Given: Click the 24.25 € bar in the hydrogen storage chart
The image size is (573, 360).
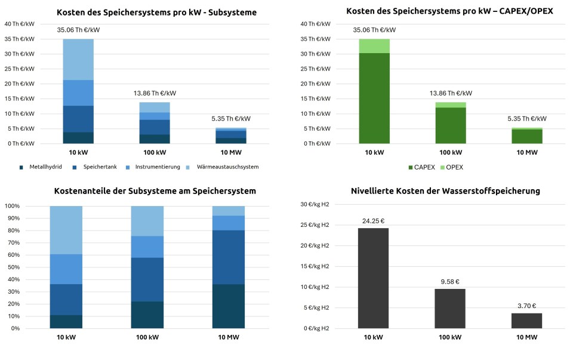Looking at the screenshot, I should (373, 278).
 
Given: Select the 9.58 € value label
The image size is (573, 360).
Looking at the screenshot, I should (450, 281).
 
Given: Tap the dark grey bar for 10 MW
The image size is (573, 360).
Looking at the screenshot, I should (526, 321).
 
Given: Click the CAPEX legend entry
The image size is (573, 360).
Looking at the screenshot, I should (422, 167).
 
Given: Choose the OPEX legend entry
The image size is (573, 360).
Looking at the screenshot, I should (452, 167).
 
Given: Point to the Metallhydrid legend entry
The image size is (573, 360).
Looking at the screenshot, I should (42, 167).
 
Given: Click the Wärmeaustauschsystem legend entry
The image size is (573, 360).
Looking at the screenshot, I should (224, 167).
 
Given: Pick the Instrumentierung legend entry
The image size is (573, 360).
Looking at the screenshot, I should (152, 167).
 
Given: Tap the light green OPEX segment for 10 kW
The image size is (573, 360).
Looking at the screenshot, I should (374, 46).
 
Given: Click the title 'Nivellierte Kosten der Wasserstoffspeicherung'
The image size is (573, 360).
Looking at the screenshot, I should (445, 191).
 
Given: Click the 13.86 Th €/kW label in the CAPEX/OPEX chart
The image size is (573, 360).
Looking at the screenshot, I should (451, 93).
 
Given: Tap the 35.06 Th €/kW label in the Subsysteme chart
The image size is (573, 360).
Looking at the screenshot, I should (78, 29).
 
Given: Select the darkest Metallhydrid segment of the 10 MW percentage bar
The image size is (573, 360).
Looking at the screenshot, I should (229, 306).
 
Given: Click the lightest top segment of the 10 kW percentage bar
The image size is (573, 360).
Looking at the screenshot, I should (66, 230).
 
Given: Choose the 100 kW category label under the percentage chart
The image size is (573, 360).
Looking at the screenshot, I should (147, 337).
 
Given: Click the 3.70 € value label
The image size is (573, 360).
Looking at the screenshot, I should (526, 306).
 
